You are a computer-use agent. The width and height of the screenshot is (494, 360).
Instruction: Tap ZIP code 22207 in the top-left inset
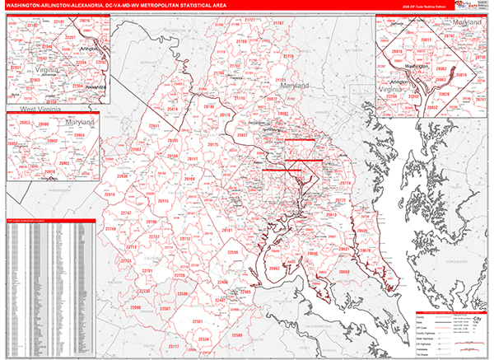[x=72, y=39]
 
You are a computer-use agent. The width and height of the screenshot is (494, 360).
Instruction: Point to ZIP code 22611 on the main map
[x=153, y=126]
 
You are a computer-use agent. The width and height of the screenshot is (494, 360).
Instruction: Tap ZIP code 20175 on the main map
[x=213, y=144]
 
